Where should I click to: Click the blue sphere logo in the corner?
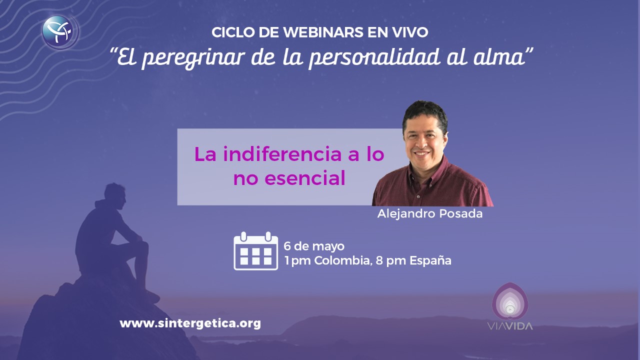pyautogui.click(x=60, y=32)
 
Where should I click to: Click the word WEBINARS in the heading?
pyautogui.click(x=323, y=32)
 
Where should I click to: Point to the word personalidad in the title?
pyautogui.click(x=375, y=57)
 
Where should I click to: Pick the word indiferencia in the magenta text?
pyautogui.click(x=282, y=154)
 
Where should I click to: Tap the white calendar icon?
pyautogui.click(x=255, y=251)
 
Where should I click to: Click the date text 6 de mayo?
pyautogui.click(x=314, y=246)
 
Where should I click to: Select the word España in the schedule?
pyautogui.click(x=430, y=260)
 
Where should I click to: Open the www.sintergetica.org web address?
pyautogui.click(x=190, y=323)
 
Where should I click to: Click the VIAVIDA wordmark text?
pyautogui.click(x=510, y=326)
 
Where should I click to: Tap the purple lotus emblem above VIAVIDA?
pyautogui.click(x=510, y=301)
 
